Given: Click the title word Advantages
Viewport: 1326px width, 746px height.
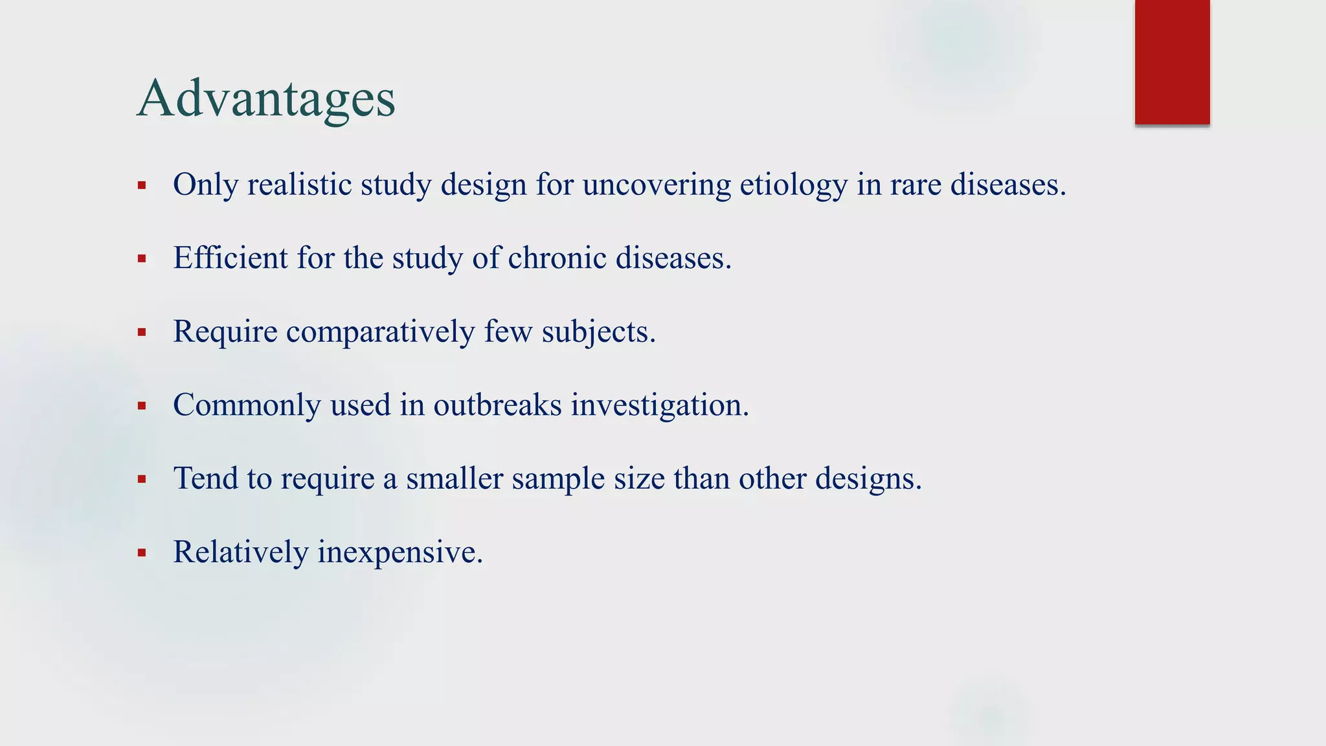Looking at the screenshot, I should pos(266,98).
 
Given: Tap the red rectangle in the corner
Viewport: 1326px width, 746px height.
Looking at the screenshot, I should pos(1172,62).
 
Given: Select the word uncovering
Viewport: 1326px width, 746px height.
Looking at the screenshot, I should pos(657,185).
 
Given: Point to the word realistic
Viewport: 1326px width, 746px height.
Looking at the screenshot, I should pos(299,185).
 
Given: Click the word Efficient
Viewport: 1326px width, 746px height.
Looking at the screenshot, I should pos(230,258).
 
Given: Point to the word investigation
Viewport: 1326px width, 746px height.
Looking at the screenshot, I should pos(659,405).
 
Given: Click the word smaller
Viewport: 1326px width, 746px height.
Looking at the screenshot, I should pos(455,479).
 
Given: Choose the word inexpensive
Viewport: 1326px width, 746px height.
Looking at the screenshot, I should pos(399,552).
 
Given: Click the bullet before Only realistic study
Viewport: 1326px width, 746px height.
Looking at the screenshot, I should pos(142,186).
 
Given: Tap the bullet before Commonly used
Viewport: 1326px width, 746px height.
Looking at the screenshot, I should pos(142,407).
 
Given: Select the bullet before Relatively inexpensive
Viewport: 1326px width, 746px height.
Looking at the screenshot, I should pos(142,554).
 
